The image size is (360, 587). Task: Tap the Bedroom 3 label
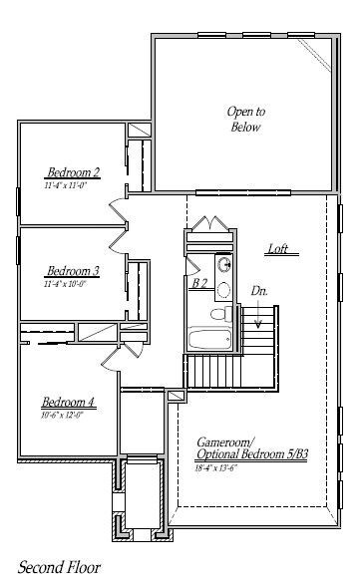click(72, 271)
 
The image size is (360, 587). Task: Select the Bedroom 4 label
click(69, 403)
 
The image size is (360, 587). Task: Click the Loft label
click(278, 249)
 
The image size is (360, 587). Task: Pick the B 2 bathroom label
click(199, 283)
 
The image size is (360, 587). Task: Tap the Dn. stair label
click(259, 291)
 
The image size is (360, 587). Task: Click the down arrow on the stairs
click(258, 317)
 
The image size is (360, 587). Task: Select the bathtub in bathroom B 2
click(210, 338)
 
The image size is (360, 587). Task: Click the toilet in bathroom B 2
click(225, 290)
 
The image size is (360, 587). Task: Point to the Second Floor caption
click(59, 567)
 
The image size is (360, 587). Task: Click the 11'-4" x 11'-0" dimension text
click(66, 185)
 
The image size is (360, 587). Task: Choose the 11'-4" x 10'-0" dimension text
click(65, 284)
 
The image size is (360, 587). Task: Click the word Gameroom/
click(225, 441)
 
